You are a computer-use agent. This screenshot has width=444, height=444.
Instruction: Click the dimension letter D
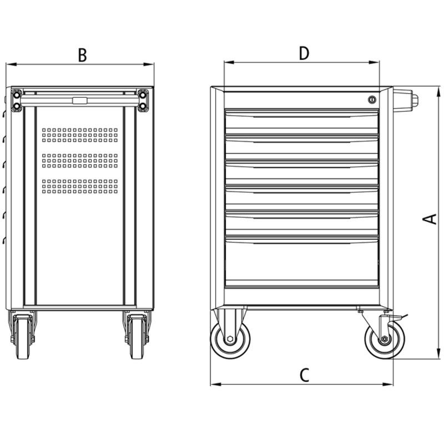click(304, 53)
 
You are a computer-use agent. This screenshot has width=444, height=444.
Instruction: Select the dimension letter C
click(304, 375)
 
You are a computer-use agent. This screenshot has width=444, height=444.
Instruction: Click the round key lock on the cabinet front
click(372, 99)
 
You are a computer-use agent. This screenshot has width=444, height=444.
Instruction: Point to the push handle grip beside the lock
click(405, 100)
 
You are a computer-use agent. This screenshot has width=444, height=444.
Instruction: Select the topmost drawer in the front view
click(302, 122)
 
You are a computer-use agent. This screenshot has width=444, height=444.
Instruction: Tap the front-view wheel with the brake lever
click(385, 339)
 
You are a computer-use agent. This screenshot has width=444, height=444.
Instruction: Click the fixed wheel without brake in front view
click(230, 339)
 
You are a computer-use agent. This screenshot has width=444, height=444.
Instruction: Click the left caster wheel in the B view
click(23, 337)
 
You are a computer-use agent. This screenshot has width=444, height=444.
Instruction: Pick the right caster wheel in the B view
click(137, 337)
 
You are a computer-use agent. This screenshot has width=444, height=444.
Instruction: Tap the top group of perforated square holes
click(80, 135)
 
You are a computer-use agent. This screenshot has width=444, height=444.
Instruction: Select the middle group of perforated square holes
click(80, 160)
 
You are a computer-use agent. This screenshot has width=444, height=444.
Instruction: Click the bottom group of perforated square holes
click(80, 186)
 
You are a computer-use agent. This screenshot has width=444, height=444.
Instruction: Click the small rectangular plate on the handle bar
click(80, 100)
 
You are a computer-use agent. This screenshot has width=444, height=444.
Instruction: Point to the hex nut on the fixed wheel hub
click(230, 339)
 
